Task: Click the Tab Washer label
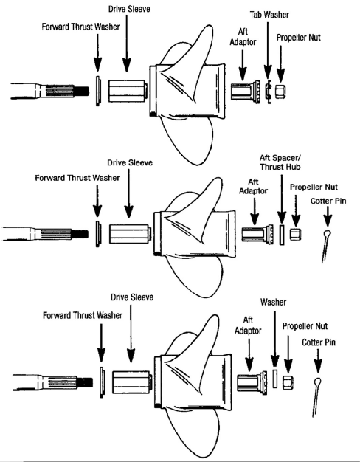269,15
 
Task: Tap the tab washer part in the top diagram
269,92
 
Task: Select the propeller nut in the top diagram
280,92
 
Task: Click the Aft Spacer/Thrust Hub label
280,162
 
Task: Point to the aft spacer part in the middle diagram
282,235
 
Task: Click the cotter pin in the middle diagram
326,246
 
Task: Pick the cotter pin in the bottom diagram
316,397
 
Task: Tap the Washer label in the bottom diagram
274,302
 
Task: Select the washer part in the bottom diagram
275,379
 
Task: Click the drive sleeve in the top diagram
128,91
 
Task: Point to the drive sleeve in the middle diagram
130,234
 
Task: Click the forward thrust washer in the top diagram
98,91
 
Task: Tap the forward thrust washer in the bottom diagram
102,382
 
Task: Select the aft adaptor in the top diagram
245,92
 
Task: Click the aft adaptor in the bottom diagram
252,383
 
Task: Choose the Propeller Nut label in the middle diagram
314,187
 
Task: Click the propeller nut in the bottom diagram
288,382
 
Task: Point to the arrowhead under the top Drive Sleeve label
127,65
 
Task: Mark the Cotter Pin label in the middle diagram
328,201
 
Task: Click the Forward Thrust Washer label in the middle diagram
77,178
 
